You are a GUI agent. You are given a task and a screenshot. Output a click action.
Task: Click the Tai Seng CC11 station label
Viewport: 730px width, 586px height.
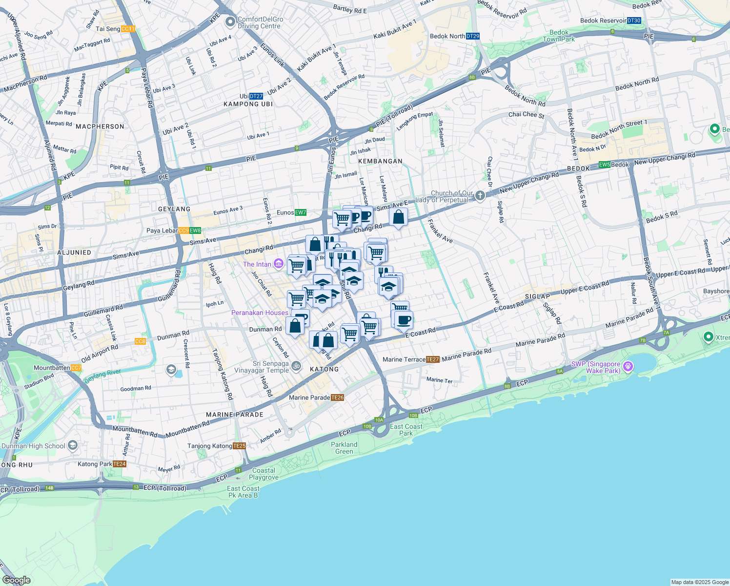point(115,29)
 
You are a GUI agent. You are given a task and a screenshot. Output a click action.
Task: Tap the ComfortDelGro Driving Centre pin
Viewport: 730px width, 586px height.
point(230,22)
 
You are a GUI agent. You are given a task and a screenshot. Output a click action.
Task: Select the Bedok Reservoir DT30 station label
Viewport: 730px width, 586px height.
point(610,21)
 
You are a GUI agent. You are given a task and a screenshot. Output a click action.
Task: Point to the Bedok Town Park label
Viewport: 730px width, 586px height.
point(559,36)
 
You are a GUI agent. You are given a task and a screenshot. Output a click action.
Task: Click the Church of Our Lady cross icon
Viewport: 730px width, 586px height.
point(480,196)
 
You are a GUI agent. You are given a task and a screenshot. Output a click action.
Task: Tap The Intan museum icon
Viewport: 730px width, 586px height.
point(278,264)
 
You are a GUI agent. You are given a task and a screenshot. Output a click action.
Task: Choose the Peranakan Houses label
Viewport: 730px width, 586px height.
point(260,313)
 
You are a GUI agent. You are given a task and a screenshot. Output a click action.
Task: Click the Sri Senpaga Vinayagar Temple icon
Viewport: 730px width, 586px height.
point(296,366)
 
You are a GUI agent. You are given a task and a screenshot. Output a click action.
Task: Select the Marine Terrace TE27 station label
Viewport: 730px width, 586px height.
point(411,359)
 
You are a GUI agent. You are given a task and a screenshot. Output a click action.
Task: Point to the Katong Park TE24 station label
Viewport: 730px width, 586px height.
point(102,464)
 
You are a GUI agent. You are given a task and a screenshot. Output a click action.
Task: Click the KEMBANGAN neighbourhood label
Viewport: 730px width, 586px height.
point(380,161)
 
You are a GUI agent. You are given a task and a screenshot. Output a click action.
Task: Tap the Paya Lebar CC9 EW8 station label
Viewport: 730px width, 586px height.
point(174,230)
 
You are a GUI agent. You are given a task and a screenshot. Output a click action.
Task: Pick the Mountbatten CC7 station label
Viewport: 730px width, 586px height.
point(57,368)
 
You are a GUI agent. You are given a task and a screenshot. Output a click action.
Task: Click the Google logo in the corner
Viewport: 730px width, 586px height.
point(17,580)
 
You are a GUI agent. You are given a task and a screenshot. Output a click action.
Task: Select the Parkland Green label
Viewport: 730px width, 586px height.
point(344,448)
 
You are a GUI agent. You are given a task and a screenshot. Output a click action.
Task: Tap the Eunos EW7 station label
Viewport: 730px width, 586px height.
point(291,212)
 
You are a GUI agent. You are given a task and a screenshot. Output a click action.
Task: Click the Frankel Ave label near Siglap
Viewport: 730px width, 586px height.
point(491,288)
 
